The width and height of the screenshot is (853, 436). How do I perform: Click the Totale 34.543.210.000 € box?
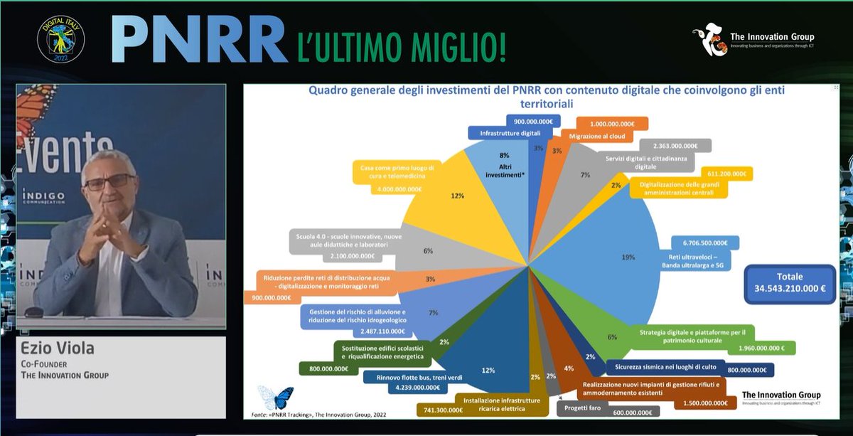789,283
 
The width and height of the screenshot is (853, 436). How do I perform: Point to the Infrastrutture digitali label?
510,133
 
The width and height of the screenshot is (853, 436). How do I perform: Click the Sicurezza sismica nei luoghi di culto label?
665,367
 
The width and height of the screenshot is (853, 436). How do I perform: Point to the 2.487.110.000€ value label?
382,331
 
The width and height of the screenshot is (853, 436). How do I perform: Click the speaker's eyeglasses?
109,182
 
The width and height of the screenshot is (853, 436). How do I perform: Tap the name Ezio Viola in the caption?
55,349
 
